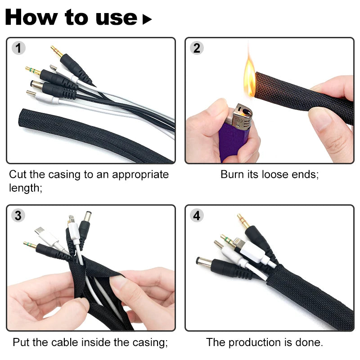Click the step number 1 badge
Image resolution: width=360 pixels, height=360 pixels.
click(x=18, y=48)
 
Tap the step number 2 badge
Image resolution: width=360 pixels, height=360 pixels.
click(x=197, y=48)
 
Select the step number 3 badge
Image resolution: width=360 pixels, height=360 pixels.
click(x=18, y=216)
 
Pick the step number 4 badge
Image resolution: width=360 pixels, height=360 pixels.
click(x=197, y=216)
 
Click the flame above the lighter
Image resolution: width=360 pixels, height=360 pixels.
click(x=249, y=76)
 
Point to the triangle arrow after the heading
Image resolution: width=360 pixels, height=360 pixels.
click(x=147, y=19)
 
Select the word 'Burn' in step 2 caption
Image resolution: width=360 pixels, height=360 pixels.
click(x=231, y=174)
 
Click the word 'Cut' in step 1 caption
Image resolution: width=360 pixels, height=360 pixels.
click(x=18, y=174)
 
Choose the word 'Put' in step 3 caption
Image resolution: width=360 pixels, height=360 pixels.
click(x=21, y=342)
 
